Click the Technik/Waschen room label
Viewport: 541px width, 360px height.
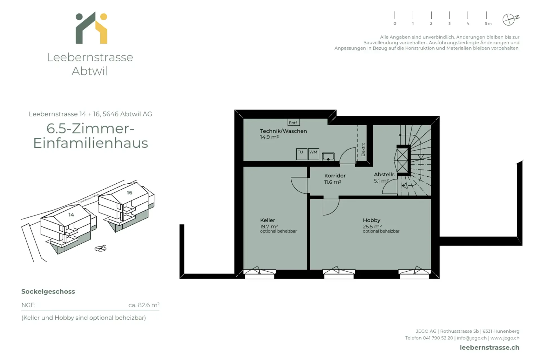tap(283, 131)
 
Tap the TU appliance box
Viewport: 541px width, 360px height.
tap(301, 154)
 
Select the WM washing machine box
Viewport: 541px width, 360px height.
tap(313, 154)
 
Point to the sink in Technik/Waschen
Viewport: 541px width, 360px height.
tap(328, 156)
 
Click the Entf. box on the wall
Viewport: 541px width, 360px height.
tap(293, 123)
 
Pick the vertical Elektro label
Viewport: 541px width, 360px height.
tap(363, 150)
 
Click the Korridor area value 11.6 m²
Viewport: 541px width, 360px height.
tap(332, 182)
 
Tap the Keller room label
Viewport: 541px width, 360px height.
tap(267, 220)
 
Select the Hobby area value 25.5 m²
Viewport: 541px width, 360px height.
tap(372, 226)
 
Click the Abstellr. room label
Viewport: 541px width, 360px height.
tap(384, 175)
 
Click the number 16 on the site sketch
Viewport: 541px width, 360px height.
tap(129, 193)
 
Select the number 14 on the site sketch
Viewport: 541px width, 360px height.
tap(71, 215)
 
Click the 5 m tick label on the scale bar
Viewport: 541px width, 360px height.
tap(488, 24)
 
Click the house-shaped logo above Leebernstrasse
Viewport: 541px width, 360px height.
tap(91, 28)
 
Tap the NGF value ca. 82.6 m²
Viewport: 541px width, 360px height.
tap(144, 305)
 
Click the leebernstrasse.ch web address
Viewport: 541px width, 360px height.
tap(489, 348)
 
